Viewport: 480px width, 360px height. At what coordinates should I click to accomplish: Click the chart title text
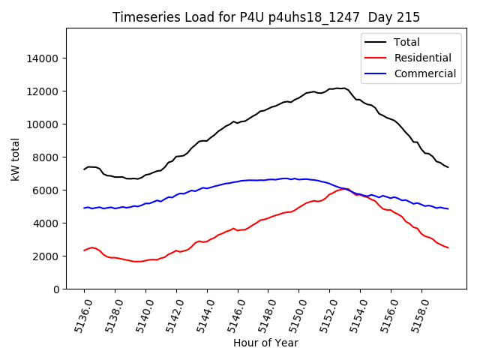pos(266,16)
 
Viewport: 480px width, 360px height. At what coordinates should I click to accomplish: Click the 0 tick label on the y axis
pos(55,289)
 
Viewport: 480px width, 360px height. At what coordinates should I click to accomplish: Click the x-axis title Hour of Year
pos(265,343)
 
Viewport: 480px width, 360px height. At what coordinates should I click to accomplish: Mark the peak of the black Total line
pos(339,88)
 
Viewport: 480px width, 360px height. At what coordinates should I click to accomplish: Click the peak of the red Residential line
pos(344,189)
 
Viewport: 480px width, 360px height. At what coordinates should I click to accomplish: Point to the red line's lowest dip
pos(136,262)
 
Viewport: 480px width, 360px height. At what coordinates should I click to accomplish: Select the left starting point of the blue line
pos(84,208)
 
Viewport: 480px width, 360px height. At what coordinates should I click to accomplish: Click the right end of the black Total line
pos(448,167)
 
